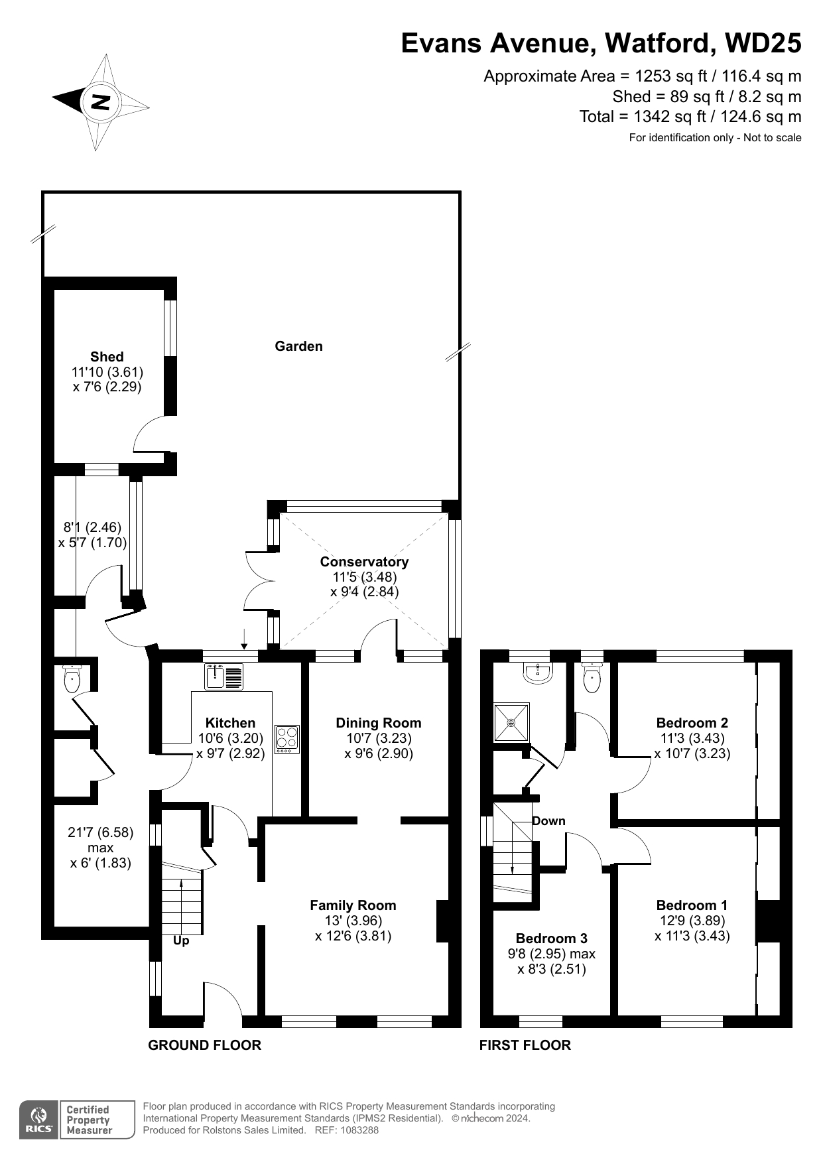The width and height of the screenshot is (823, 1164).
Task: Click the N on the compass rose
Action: [101, 102]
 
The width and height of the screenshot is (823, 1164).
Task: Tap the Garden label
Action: [298, 346]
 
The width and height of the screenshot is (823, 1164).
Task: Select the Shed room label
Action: [107, 357]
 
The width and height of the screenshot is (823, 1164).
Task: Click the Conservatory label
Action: [364, 562]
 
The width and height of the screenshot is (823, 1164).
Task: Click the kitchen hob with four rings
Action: [287, 739]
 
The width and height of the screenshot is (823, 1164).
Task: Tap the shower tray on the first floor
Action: [511, 722]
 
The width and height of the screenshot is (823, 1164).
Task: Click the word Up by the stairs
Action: [181, 941]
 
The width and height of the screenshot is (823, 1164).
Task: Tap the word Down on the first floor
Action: [549, 821]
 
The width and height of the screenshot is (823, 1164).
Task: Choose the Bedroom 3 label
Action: [552, 938]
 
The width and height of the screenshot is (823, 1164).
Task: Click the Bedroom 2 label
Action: [692, 723]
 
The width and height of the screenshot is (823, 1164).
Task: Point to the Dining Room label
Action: [379, 723]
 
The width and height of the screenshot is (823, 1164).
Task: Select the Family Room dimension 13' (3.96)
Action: [353, 921]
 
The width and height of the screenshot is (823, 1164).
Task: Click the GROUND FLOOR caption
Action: [205, 1045]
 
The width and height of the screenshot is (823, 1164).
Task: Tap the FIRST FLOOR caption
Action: [525, 1045]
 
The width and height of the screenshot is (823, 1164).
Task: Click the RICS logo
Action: [39, 1120]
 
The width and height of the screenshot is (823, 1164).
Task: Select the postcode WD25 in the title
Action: [763, 44]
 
